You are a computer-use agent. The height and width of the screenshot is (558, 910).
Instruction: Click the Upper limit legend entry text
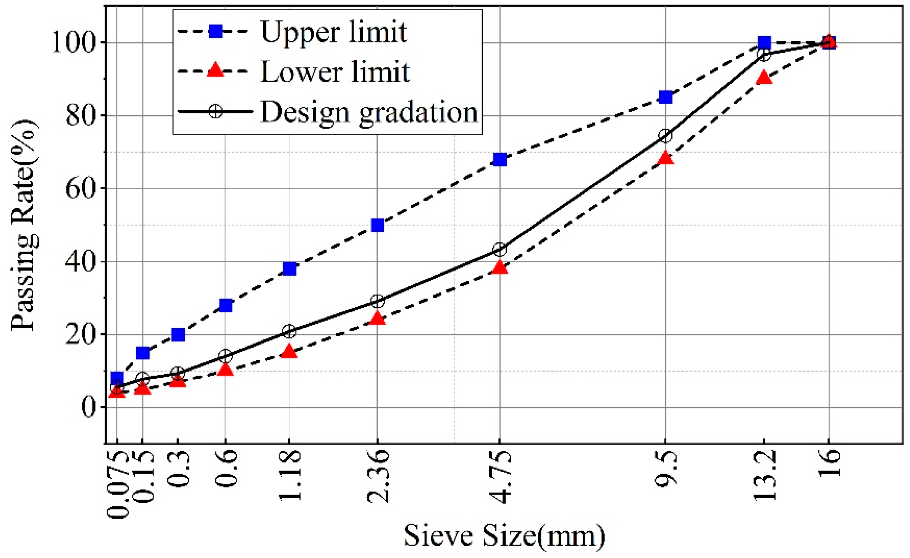(333, 32)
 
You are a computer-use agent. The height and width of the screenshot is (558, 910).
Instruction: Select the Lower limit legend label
(335, 72)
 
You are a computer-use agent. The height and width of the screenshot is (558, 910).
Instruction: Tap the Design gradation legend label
(369, 112)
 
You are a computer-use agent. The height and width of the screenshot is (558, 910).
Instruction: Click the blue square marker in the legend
(216, 31)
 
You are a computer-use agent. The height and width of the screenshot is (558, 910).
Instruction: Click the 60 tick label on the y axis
(80, 188)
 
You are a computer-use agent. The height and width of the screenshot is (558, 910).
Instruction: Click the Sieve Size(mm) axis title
(504, 536)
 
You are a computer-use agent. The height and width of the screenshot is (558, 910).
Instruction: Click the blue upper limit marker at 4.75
(500, 159)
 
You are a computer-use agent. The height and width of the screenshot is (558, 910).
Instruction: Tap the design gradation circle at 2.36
(377, 301)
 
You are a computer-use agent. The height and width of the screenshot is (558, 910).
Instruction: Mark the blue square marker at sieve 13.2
(764, 42)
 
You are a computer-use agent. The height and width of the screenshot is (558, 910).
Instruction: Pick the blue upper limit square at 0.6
(226, 305)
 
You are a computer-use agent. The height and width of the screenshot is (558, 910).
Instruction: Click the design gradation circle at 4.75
(500, 250)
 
